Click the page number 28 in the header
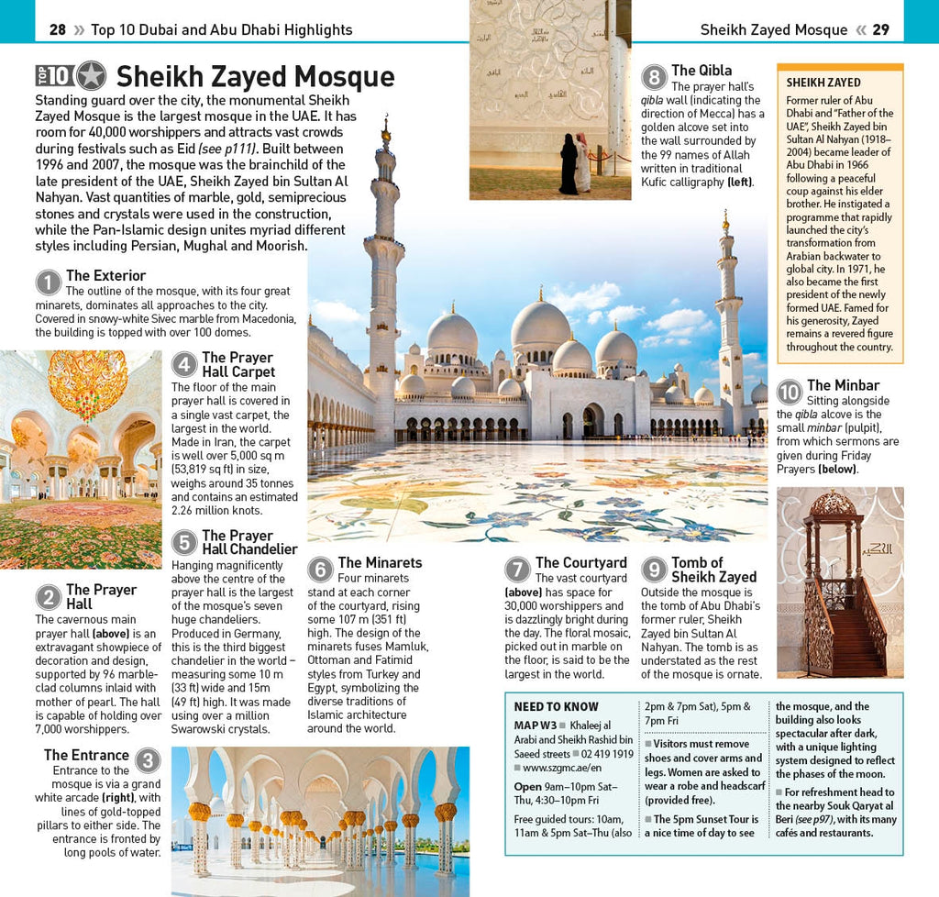click(x=57, y=29)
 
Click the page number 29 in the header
click(x=880, y=29)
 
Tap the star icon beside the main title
click(x=91, y=76)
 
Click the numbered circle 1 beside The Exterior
click(x=48, y=282)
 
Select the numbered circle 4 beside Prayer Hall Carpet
click(x=184, y=365)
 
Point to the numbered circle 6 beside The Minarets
click(x=320, y=570)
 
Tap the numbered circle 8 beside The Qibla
click(x=654, y=77)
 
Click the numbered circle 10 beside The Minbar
click(x=789, y=393)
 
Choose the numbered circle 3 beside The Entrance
click(x=148, y=760)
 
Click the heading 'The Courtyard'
click(x=580, y=562)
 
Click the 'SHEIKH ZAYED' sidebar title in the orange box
click(x=823, y=83)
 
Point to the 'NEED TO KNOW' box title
click(x=556, y=707)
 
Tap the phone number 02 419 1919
click(x=607, y=754)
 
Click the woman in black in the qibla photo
click(x=569, y=165)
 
